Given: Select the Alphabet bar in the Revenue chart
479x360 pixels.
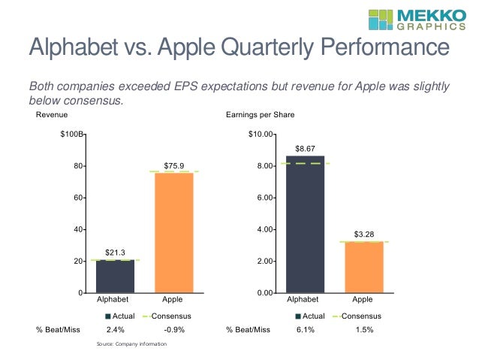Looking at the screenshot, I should point(116,276).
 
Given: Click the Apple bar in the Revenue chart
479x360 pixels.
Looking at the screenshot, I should point(173,232).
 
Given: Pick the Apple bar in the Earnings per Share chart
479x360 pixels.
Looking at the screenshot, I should point(363,267).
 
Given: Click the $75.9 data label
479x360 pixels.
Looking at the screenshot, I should point(173,165).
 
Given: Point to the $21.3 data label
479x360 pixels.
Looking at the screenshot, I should point(116,252).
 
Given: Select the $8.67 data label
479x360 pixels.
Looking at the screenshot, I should point(306,149).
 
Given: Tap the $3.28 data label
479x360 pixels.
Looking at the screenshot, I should point(363,234).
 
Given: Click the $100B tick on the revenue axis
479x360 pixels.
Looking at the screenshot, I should point(72,135).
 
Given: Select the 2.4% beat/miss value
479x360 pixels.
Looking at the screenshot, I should point(116,329).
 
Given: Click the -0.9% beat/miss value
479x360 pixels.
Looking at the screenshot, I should point(173,329).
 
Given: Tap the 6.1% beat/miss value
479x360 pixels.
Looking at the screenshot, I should point(306,329).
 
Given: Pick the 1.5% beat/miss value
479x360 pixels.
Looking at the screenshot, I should point(363,329).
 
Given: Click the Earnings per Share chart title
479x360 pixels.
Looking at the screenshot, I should point(260,115).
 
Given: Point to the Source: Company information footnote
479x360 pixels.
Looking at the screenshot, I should point(132,343).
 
